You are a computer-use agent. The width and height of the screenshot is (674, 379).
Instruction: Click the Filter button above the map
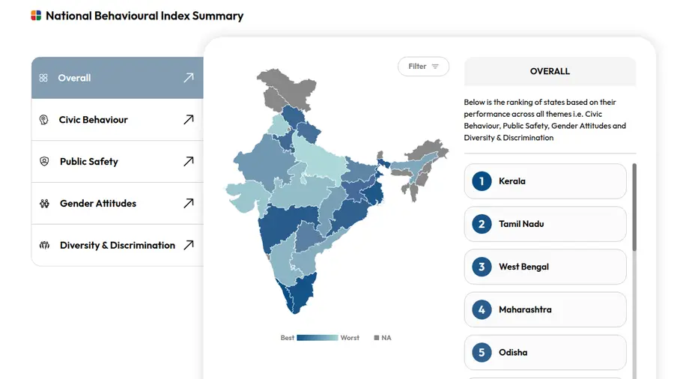coord(423,67)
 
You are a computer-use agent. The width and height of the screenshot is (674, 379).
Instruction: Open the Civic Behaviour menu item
coord(94,120)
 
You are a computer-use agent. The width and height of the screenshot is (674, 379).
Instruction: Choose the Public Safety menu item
coord(89,162)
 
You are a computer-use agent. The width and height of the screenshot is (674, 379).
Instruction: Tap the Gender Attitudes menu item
coord(98,204)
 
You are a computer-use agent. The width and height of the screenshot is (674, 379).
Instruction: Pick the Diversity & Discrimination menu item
coord(118,246)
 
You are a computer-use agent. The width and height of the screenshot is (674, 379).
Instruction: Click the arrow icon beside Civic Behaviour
coord(189,120)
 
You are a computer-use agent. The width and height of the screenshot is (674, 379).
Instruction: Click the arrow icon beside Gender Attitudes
coord(189,204)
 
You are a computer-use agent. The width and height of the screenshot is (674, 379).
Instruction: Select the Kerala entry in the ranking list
coord(545,181)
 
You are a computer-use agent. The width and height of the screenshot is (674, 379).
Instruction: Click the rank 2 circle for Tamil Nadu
coord(482,224)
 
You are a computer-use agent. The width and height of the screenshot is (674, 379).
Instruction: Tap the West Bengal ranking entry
coord(545,267)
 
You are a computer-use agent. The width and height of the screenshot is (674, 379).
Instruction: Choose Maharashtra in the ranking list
coord(545,309)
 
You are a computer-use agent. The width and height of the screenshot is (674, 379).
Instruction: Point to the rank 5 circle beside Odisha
coord(482,352)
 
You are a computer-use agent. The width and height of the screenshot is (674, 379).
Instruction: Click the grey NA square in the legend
coord(377,338)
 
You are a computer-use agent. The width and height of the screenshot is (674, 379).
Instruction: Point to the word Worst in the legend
coord(350,338)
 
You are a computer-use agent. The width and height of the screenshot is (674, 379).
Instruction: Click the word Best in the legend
coord(288,338)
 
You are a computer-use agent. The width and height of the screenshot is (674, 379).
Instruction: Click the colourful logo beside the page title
coord(36,16)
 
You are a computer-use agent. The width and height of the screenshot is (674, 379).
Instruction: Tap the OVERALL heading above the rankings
coord(550,71)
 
